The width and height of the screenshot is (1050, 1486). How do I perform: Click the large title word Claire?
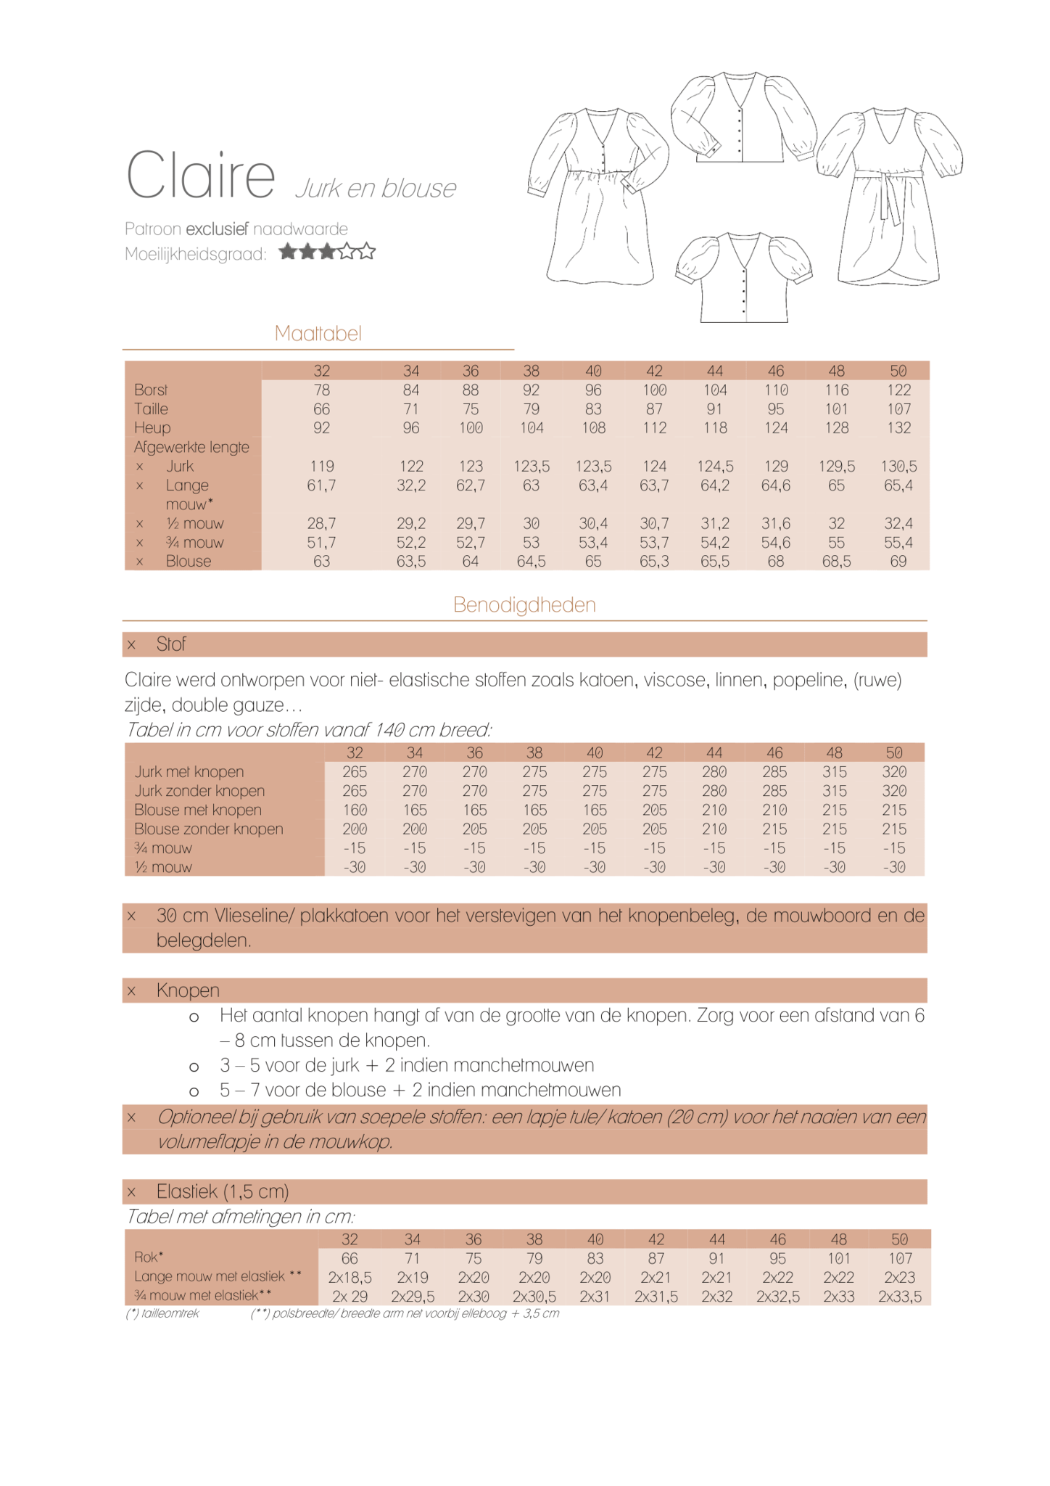point(200,176)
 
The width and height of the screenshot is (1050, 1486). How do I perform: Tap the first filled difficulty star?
point(288,252)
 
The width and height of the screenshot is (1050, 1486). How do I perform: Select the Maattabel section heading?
point(318,334)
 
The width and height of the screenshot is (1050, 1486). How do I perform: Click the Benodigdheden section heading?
point(524,605)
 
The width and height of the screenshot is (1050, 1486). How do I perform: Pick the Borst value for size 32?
point(321,390)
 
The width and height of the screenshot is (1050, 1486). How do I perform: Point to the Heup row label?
point(152,428)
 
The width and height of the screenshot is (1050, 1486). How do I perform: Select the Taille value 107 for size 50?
point(898,409)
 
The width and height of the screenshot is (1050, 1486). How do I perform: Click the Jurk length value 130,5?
point(898,467)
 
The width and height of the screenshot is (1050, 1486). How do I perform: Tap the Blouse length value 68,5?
point(836,562)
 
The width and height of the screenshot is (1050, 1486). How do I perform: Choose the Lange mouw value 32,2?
point(410,485)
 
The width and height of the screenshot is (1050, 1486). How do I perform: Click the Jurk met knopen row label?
point(189,772)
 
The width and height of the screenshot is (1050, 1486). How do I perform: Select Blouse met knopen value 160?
point(355,810)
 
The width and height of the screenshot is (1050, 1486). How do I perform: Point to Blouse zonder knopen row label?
point(208,829)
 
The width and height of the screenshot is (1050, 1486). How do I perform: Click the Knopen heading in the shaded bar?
point(188,990)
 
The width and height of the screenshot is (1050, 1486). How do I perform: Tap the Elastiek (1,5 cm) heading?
point(223,1191)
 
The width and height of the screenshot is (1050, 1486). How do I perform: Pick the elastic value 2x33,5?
point(899,1297)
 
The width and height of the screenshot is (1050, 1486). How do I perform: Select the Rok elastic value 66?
point(350,1258)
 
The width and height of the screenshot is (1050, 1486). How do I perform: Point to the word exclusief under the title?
point(217,229)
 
